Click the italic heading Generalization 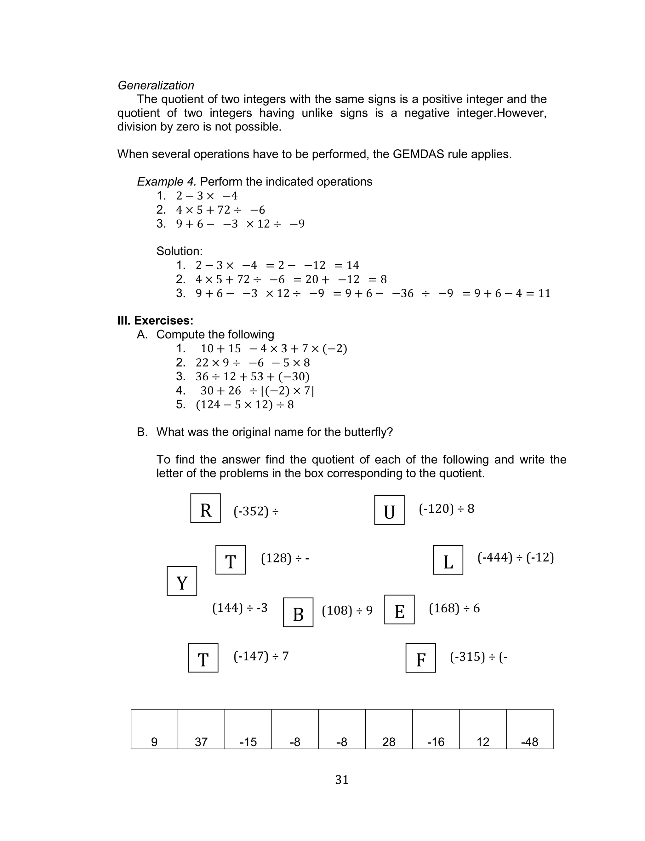pos(156,85)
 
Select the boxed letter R pos(205,508)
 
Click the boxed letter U pos(389,510)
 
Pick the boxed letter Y pos(182,581)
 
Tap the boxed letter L pos(448,560)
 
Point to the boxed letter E pos(399,609)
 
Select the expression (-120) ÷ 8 pos(446,509)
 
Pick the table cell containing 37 pos(201,729)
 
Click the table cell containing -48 pos(529,729)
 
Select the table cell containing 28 pos(389,729)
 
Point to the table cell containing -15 pos(248,729)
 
